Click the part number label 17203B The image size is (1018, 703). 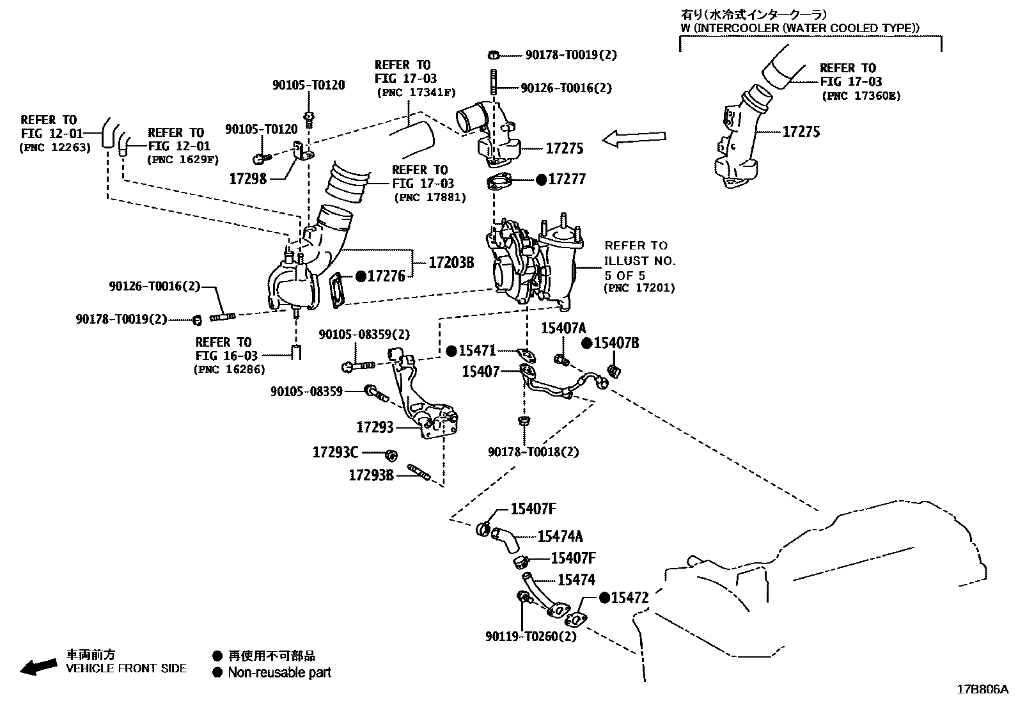tap(451, 262)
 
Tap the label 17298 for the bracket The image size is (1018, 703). tap(247, 178)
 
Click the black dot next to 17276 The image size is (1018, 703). tap(361, 276)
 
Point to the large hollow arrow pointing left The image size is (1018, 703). tap(634, 138)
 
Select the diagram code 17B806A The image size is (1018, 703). tap(982, 690)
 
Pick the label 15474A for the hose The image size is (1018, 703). tap(560, 537)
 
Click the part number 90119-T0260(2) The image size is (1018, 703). tap(531, 636)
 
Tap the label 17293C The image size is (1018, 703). tap(335, 452)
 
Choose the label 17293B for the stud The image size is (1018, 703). tap(371, 475)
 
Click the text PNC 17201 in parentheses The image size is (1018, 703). tap(639, 288)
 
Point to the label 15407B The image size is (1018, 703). tap(616, 343)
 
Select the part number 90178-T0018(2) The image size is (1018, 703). tap(533, 452)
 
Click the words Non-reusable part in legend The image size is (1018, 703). tap(279, 672)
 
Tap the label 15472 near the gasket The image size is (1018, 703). tap(630, 598)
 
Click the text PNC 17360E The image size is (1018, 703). tap(860, 96)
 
